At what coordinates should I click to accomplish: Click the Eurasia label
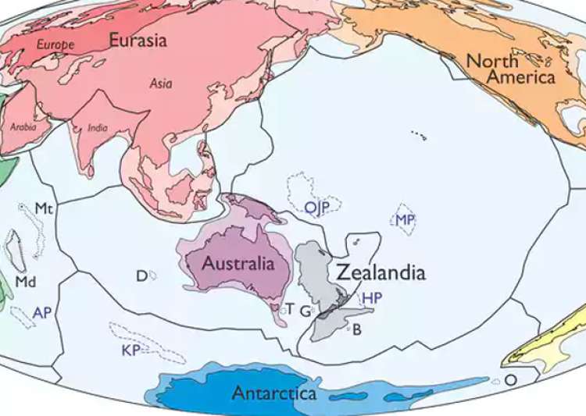click(138, 40)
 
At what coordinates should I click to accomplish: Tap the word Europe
click(55, 44)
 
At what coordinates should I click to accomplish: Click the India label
click(98, 128)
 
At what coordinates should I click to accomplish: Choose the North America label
click(510, 69)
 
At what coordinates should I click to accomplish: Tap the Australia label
click(238, 264)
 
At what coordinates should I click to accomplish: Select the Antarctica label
click(273, 393)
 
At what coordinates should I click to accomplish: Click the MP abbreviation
click(405, 221)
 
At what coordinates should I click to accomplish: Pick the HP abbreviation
click(372, 298)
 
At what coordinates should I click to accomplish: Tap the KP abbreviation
click(130, 350)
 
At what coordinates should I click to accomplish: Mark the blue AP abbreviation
click(42, 312)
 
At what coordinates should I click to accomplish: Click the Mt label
click(44, 208)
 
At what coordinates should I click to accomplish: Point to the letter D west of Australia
click(141, 276)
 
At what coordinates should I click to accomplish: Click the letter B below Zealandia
click(357, 329)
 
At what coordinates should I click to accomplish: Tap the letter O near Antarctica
click(510, 380)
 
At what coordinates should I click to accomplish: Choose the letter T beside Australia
click(289, 309)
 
